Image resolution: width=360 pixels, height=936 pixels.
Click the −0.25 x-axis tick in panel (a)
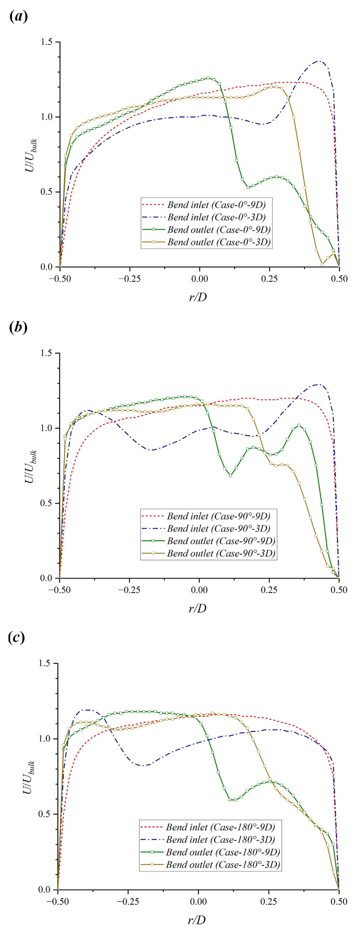pyautogui.click(x=130, y=279)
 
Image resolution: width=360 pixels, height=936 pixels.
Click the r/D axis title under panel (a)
pyautogui.click(x=198, y=297)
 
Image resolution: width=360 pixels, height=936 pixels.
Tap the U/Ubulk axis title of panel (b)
pyautogui.click(x=30, y=466)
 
